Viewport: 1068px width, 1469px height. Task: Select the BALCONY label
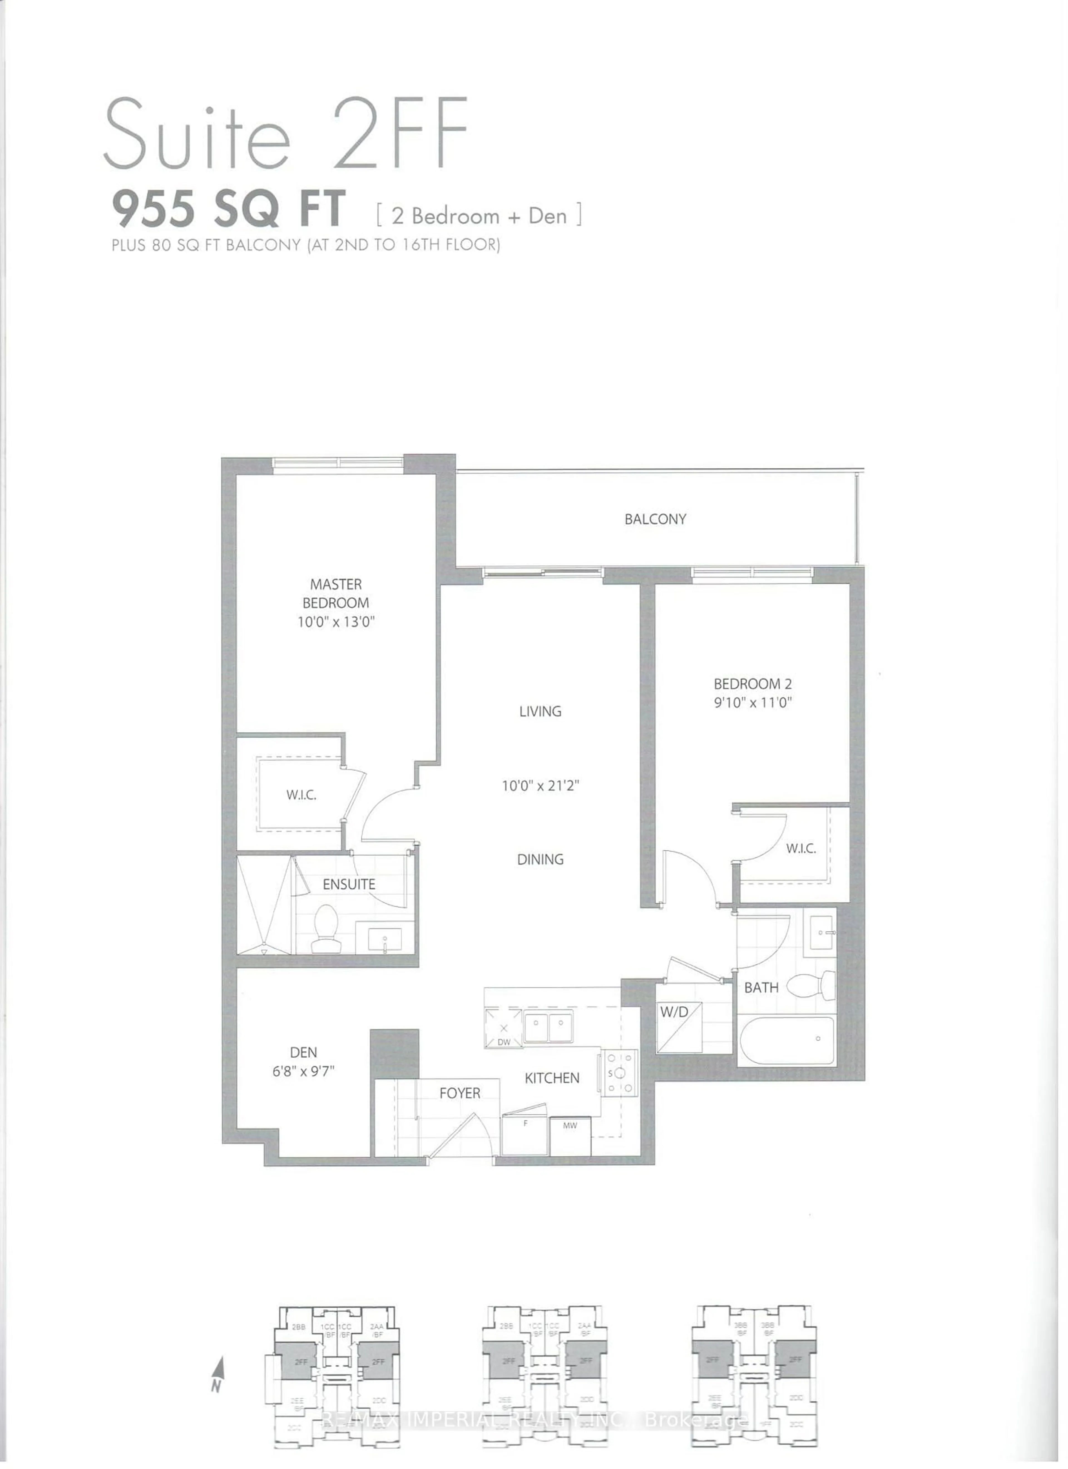(x=655, y=519)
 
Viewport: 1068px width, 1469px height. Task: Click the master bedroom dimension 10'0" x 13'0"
(x=335, y=622)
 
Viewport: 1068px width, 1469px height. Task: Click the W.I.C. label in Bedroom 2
(x=800, y=848)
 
